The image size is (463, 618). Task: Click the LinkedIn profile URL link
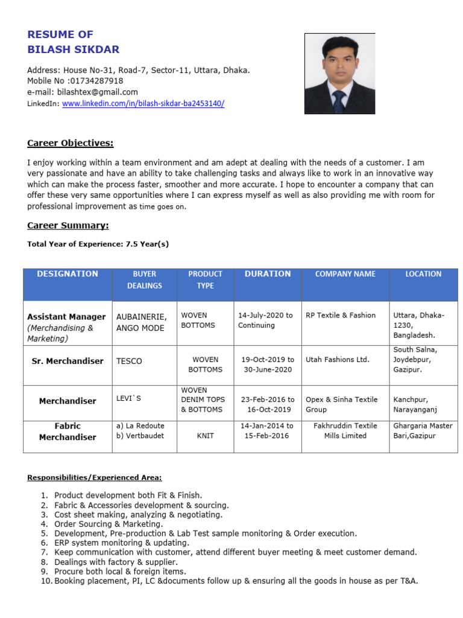143,103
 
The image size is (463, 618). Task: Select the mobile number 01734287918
96,81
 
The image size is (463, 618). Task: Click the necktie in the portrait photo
339,100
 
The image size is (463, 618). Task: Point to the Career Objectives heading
71,143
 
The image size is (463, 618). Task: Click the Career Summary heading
68,225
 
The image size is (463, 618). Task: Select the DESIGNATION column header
68,274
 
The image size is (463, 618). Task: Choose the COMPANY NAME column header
345,274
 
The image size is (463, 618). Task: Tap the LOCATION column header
423,274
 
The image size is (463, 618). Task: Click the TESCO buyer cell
129,361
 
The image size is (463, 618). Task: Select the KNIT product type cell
205,435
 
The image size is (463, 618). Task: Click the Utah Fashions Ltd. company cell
338,360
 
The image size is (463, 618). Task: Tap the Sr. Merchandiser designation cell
68,361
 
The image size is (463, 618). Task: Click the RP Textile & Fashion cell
341,315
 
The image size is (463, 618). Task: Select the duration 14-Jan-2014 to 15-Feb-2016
267,430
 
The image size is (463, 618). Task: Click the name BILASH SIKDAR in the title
74,49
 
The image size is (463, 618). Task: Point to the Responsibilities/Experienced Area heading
95,477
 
